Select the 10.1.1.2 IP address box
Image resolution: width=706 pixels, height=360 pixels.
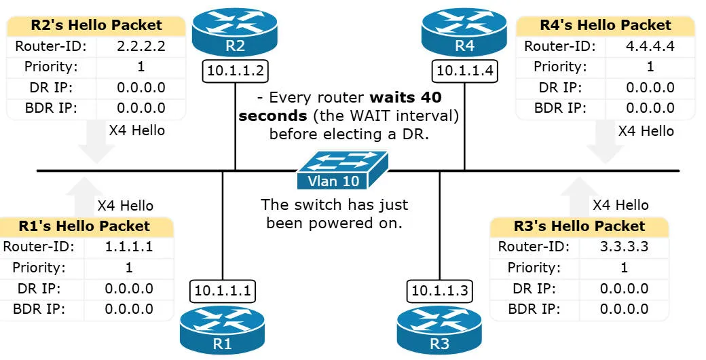tap(235, 71)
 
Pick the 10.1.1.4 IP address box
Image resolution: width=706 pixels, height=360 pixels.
tap(464, 71)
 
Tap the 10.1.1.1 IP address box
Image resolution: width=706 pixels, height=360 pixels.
tap(223, 291)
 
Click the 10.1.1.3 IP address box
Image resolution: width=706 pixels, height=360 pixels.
tap(439, 291)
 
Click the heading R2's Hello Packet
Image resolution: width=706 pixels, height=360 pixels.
tap(96, 26)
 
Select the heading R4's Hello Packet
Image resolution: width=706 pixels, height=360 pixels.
tap(606, 26)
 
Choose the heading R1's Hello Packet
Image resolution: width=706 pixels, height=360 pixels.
tap(85, 226)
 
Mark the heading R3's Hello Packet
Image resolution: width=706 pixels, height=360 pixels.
tap(580, 226)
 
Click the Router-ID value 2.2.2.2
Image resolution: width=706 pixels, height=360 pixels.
tap(141, 47)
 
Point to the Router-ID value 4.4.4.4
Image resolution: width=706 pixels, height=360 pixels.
tap(650, 47)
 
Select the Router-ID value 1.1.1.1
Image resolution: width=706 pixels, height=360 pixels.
tap(129, 247)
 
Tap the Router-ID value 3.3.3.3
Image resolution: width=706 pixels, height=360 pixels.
tap(625, 247)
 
